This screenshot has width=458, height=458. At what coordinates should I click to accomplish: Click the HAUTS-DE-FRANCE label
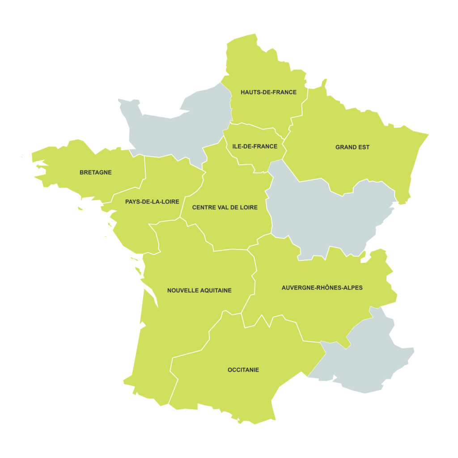tap(268, 92)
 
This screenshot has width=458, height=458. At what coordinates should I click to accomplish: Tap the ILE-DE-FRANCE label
tap(254, 146)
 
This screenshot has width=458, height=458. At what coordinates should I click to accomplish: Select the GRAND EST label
tap(352, 147)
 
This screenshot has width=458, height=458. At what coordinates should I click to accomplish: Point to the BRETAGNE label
tap(95, 172)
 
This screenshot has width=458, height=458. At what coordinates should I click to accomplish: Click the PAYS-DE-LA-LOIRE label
tap(152, 202)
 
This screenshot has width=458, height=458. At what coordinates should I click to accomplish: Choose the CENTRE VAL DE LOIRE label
tap(225, 208)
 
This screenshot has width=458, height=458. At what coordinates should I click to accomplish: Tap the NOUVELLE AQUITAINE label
tap(199, 290)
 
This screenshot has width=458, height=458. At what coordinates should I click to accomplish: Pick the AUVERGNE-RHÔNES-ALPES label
tap(322, 288)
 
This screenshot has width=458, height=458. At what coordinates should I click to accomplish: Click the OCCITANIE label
tap(243, 370)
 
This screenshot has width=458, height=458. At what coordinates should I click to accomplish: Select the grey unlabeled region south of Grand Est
tap(327, 215)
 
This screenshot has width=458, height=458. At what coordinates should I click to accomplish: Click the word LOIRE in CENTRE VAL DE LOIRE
tap(249, 208)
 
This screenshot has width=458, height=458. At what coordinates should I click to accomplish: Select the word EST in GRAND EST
tap(364, 147)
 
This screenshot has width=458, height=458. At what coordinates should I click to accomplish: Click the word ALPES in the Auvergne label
tap(353, 288)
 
